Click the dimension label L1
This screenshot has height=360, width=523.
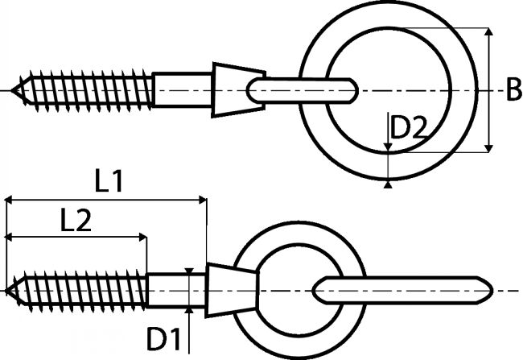click(x=109, y=182)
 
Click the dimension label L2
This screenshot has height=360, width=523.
click(x=76, y=220)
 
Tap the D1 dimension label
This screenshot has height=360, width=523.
click(x=163, y=339)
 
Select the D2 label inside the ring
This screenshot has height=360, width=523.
click(x=408, y=127)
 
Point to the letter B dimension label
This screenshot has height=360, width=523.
click(x=514, y=89)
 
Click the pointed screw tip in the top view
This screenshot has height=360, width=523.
click(x=12, y=90)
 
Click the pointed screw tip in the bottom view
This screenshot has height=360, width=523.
click(x=6, y=291)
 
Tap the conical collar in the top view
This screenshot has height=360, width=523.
click(x=238, y=90)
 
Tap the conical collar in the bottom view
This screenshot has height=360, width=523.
click(x=233, y=290)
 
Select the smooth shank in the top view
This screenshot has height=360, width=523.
click(x=182, y=89)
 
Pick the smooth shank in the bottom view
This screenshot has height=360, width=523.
click(x=176, y=290)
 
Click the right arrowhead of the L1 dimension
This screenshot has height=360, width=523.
click(x=203, y=200)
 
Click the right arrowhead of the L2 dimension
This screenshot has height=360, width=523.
click(x=143, y=237)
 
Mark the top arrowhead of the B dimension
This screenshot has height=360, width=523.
click(x=488, y=31)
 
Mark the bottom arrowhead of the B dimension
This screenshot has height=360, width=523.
click(x=488, y=148)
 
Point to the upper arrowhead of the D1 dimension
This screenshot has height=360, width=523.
click(x=189, y=271)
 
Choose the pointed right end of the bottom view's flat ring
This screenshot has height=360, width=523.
click(x=492, y=290)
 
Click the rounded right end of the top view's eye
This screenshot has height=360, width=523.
click(x=357, y=90)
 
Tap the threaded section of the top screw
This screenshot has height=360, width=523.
click(x=83, y=90)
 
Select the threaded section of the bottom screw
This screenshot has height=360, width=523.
click(x=77, y=291)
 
